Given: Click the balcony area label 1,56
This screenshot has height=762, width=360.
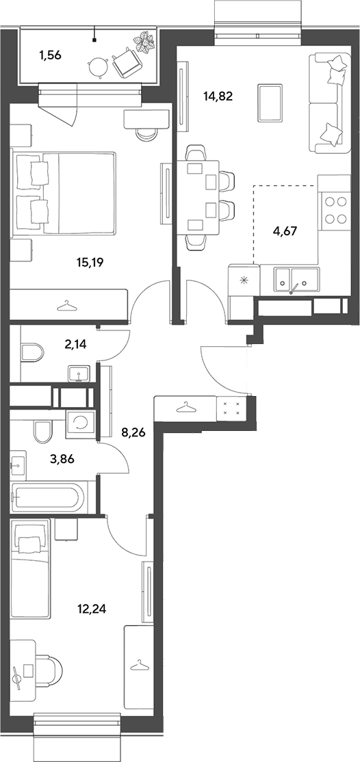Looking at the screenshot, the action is (x=50, y=55).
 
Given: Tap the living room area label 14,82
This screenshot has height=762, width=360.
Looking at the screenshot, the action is (x=218, y=96).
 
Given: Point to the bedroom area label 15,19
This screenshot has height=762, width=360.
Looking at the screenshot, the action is (x=91, y=263).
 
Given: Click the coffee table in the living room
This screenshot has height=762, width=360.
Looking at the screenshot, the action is (x=270, y=103).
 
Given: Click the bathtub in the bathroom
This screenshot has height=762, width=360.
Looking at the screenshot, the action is (x=48, y=497).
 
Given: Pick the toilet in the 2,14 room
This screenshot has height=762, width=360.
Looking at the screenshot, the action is (x=33, y=352).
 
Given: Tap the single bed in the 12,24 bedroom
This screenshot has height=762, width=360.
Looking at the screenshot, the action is (x=30, y=568).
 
